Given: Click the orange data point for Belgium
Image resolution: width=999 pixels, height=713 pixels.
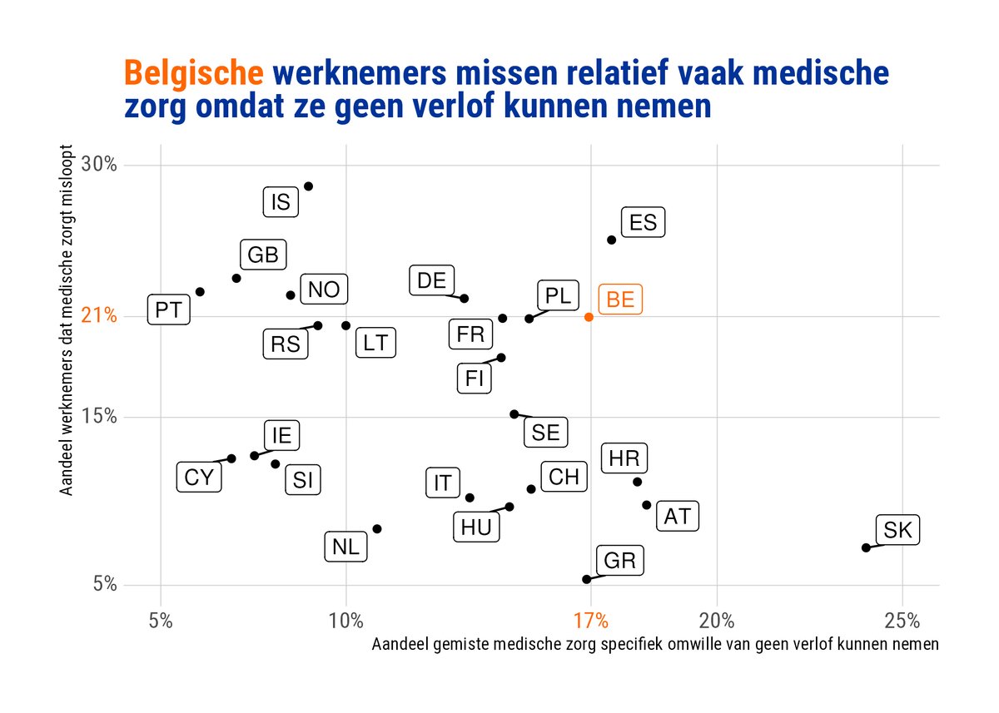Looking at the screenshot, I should click(589, 317).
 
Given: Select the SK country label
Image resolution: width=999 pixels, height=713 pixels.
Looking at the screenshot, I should click(897, 530).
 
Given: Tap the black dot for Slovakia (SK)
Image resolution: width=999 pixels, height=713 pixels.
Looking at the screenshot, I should click(866, 547).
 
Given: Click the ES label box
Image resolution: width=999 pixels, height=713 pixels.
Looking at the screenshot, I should click(644, 223).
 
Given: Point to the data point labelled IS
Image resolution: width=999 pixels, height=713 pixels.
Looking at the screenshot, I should click(308, 186).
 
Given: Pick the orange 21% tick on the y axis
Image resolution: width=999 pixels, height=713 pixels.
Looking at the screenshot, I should click(98, 317).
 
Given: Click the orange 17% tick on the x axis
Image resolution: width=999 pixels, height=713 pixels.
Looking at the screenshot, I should click(590, 620).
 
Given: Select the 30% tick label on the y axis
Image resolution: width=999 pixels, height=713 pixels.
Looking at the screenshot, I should click(98, 165).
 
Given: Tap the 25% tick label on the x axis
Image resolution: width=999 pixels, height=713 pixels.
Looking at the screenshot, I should click(902, 620).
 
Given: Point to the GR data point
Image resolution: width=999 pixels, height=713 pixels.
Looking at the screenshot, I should click(586, 579).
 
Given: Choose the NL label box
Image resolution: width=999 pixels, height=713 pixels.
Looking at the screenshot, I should click(345, 547).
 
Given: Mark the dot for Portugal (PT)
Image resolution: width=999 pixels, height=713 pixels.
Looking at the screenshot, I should click(200, 292).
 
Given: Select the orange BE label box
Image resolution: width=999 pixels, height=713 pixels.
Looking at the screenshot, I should click(620, 300).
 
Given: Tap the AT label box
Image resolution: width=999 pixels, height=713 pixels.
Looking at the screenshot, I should click(678, 516).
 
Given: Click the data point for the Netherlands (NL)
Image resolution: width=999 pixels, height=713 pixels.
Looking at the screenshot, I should click(377, 529).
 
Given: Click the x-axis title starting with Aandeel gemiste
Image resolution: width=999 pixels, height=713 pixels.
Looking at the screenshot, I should click(655, 644).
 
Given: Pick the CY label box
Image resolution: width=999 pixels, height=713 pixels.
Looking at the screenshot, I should click(199, 478).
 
